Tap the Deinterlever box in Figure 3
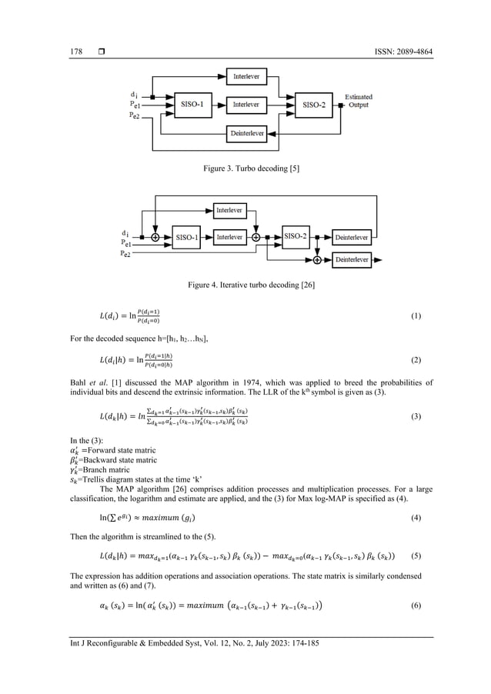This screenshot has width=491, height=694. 247,133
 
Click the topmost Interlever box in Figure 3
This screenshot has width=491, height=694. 247,76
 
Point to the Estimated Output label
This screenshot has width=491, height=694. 359,101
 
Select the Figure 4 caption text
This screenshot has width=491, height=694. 245,285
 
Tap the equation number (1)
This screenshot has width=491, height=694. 416,316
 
